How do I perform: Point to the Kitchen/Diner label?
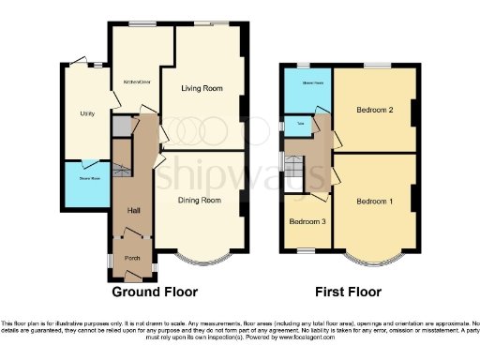(x=138, y=82)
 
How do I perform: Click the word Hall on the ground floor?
(x=132, y=210)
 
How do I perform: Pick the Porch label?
(x=133, y=258)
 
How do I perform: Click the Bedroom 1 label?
(x=375, y=202)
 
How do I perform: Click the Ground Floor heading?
(x=156, y=292)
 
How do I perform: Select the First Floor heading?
(x=346, y=292)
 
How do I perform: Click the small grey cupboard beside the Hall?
(x=120, y=126)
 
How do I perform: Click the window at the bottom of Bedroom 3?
(x=307, y=249)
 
